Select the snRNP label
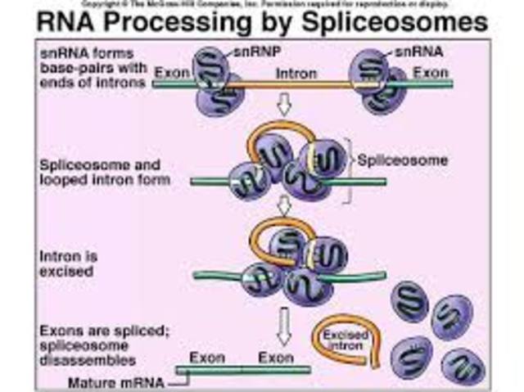tap(249, 53)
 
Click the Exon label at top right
tap(431, 73)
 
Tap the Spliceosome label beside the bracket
tap(403, 160)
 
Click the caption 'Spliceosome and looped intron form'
tap(106, 172)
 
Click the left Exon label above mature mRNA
tap(207, 358)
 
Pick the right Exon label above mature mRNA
tap(275, 358)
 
